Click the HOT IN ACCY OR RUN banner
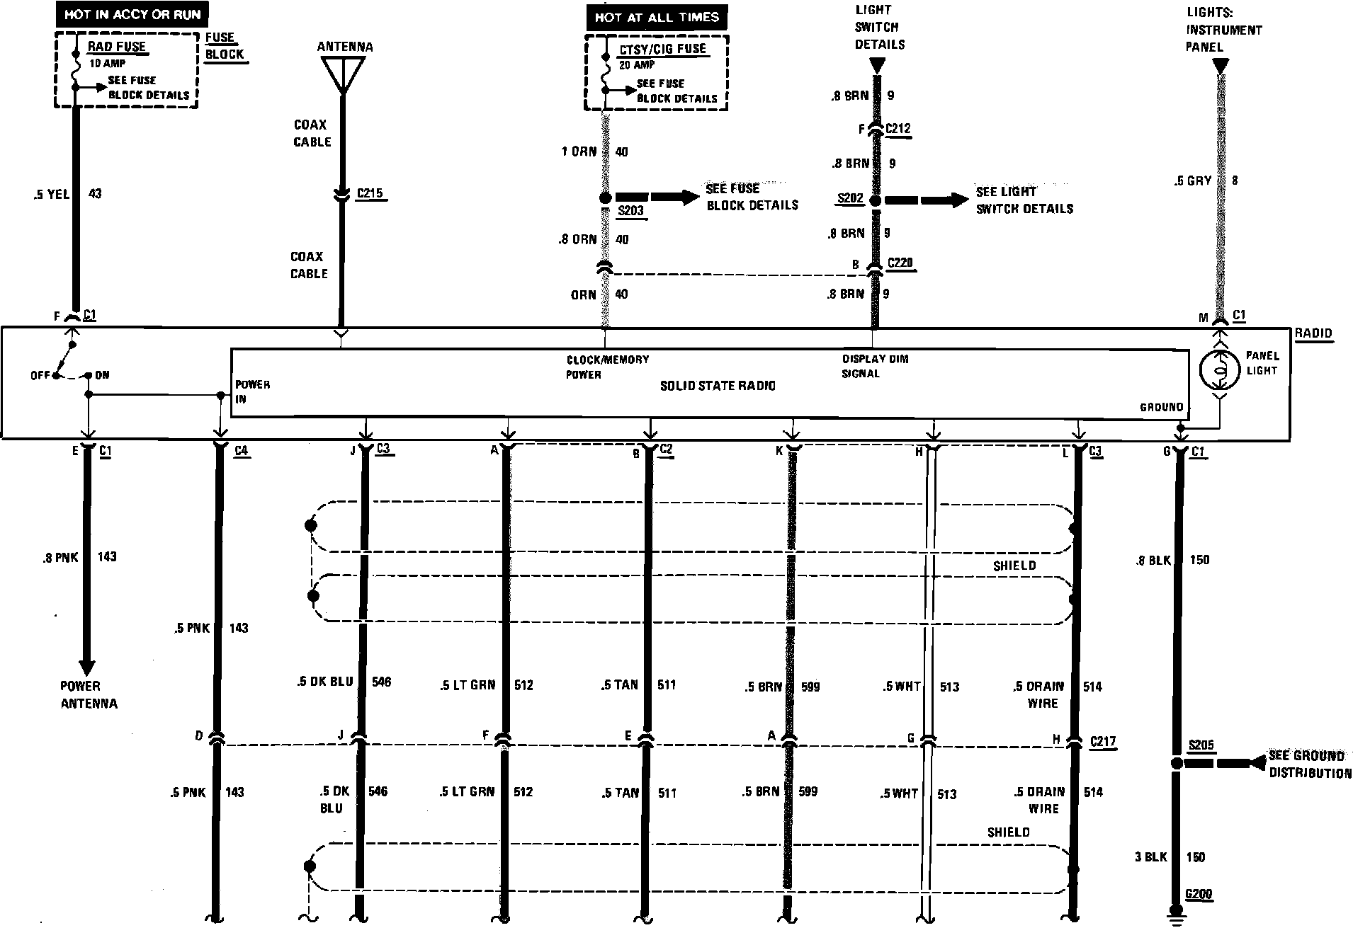tap(132, 14)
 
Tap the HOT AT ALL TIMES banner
tap(657, 17)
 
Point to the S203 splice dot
tap(605, 199)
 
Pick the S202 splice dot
tap(875, 201)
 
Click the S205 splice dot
tap(1177, 763)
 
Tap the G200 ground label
tap(1198, 894)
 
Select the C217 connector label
tap(1103, 741)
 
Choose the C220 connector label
tap(900, 263)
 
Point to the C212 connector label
tap(898, 129)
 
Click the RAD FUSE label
tap(117, 47)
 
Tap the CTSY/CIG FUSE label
tap(662, 49)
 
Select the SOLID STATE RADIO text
tap(718, 386)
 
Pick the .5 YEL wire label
tap(51, 194)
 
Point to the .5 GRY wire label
tap(1194, 181)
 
